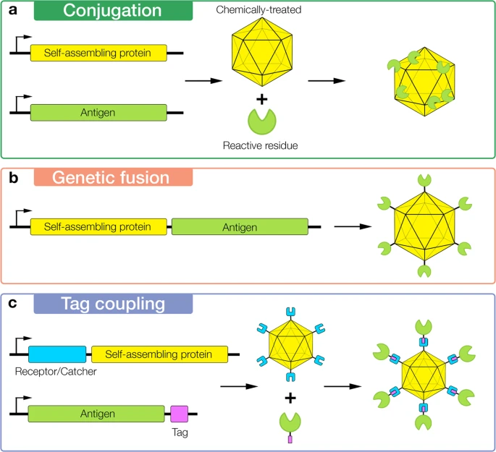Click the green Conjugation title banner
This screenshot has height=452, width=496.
click(x=113, y=10)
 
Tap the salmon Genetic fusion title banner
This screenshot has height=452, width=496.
click(x=113, y=177)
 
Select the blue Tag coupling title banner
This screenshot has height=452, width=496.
click(x=113, y=304)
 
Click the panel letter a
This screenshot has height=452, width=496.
click(x=13, y=10)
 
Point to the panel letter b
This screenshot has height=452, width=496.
click(x=13, y=177)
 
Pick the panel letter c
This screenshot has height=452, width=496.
click(x=12, y=303)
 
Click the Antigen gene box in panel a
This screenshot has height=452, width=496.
click(x=98, y=112)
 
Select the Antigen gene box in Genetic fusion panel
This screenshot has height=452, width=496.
click(x=240, y=227)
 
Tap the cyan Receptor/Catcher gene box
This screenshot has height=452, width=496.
click(x=57, y=354)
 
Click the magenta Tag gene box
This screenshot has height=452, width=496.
click(x=180, y=414)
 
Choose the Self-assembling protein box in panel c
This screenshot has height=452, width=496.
click(x=159, y=354)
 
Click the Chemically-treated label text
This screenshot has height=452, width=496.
click(x=258, y=10)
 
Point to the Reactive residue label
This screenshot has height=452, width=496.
click(x=261, y=145)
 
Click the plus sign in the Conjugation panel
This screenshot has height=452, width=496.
click(x=262, y=100)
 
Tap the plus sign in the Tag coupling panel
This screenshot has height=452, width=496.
click(x=290, y=398)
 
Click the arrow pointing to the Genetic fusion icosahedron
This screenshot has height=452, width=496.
click(x=353, y=226)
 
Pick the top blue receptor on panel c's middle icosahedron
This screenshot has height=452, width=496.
click(x=290, y=312)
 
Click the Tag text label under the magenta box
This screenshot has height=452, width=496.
click(x=180, y=432)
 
